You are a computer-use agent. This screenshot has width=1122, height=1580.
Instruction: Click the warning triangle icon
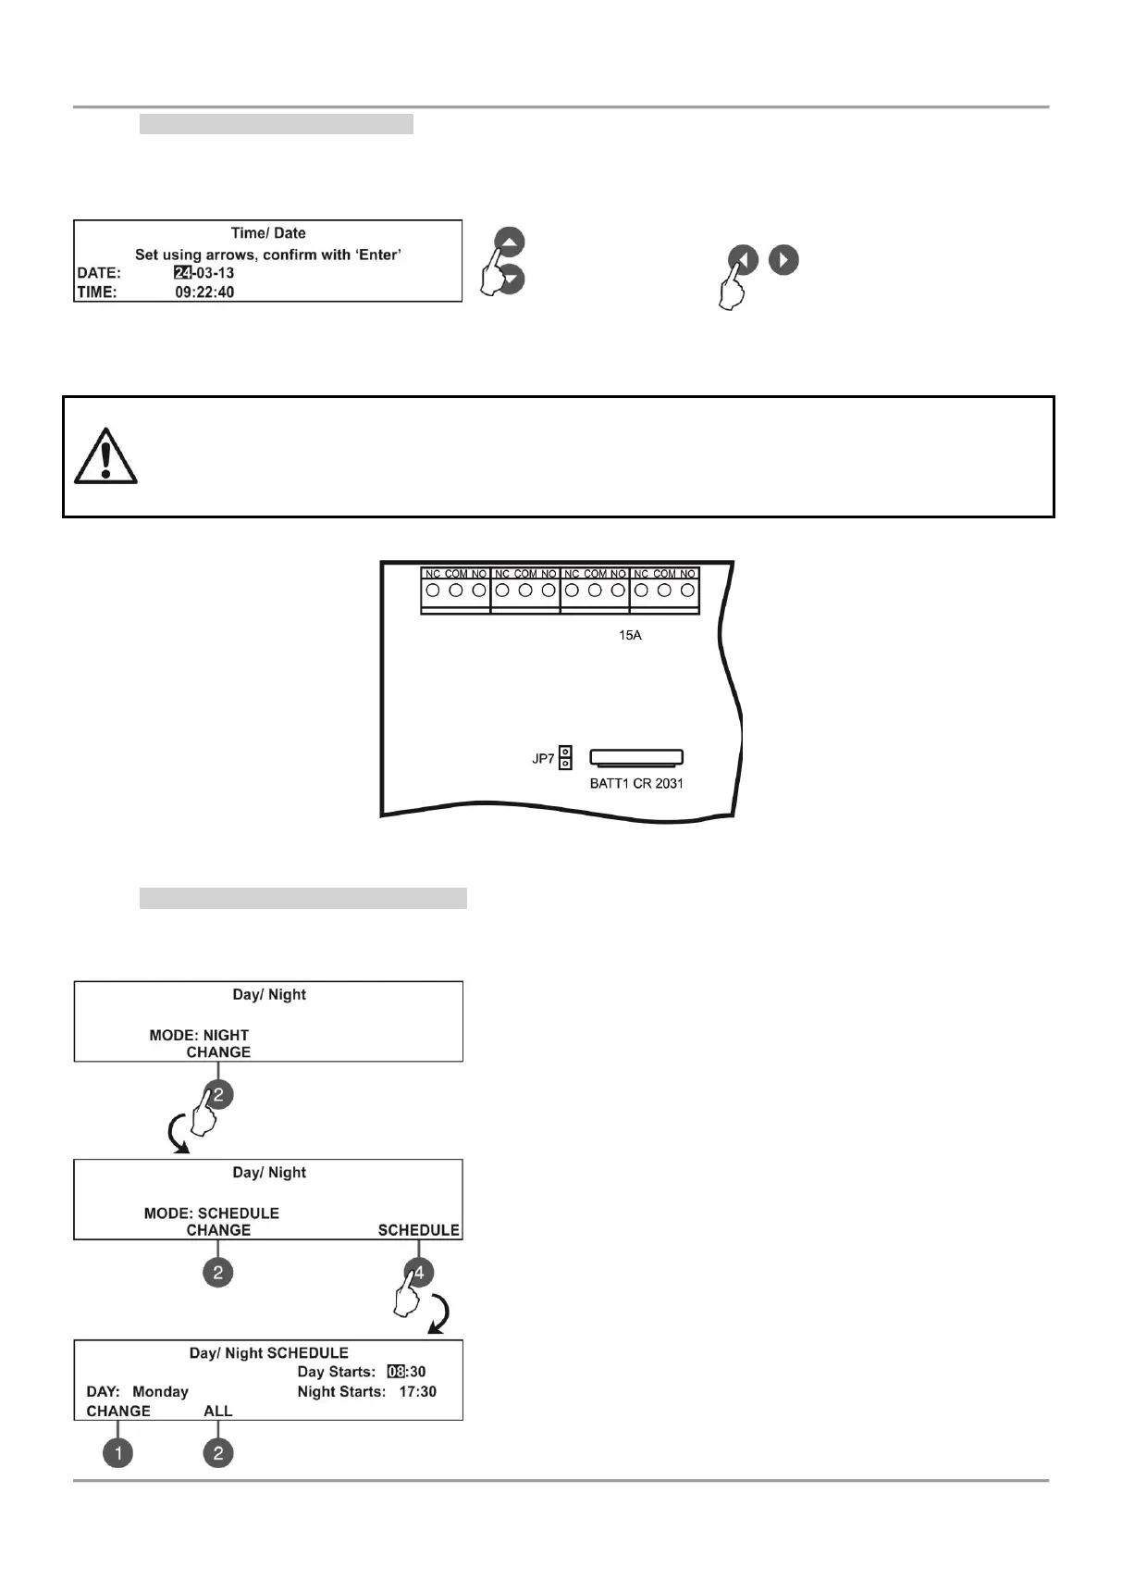click(105, 456)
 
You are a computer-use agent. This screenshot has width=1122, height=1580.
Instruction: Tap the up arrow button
click(510, 243)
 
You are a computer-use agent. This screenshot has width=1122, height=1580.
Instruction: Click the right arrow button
click(783, 260)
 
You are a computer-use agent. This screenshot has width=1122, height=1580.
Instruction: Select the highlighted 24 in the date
click(182, 273)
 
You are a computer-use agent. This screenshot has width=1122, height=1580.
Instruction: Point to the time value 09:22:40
click(204, 292)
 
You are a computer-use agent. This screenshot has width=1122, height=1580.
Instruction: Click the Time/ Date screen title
click(268, 233)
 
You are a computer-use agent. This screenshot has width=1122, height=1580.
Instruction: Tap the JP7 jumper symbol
click(565, 758)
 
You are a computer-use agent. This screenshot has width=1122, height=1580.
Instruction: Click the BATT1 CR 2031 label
click(636, 784)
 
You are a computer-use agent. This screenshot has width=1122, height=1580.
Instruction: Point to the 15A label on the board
click(630, 636)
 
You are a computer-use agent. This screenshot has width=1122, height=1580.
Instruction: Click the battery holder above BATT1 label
click(636, 757)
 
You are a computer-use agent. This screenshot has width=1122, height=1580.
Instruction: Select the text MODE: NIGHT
click(199, 1035)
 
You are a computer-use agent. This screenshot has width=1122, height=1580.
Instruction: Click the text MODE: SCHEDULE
click(211, 1213)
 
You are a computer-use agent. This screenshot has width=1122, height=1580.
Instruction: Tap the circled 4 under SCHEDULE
click(419, 1273)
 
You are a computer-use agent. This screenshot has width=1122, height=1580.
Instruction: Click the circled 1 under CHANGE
click(118, 1452)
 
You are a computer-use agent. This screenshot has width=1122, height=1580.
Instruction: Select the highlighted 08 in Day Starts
click(396, 1372)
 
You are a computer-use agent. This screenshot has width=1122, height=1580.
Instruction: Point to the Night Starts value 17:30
click(417, 1391)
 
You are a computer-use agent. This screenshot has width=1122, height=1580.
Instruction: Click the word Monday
click(160, 1391)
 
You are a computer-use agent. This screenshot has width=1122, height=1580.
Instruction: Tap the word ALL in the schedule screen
click(218, 1411)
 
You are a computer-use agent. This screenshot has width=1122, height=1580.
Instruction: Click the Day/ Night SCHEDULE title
click(268, 1352)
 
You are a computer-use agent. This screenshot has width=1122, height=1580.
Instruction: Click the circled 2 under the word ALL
click(218, 1452)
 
